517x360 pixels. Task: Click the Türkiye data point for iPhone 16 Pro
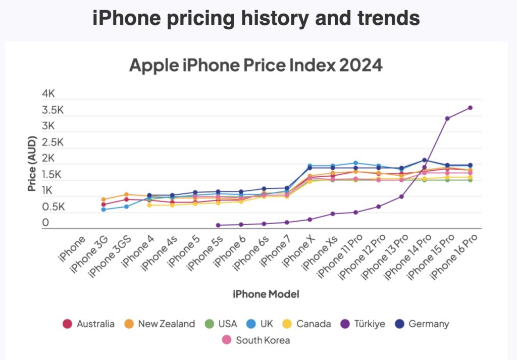tap(470, 108)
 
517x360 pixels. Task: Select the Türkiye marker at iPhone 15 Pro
tap(447, 118)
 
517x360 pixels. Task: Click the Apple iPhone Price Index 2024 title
tap(256, 66)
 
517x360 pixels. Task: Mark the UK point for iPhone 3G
tap(104, 209)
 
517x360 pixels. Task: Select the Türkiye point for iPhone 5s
tap(218, 225)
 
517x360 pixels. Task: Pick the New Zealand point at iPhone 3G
tap(104, 199)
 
